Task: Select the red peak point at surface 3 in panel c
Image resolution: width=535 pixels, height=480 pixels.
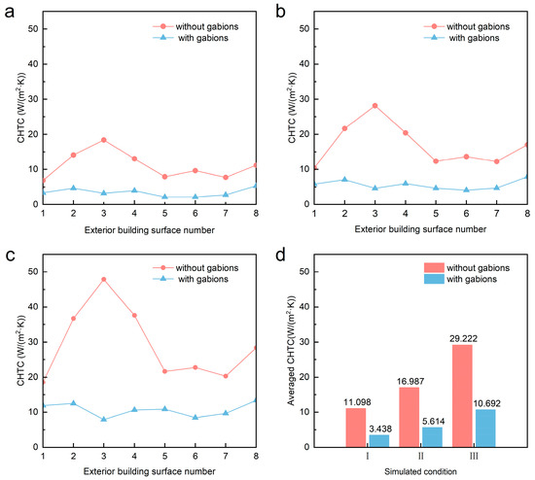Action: coord(103,279)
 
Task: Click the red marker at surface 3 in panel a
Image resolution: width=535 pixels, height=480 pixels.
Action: coord(103,140)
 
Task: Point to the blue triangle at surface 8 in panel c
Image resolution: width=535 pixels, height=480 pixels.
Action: coord(256,400)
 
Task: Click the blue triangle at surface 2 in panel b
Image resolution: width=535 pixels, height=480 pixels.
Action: coord(344,180)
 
